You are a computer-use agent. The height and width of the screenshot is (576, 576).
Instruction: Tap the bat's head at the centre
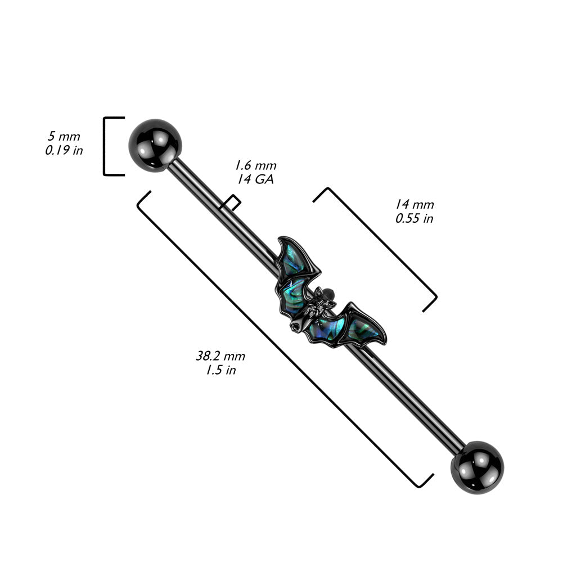[x=321, y=304]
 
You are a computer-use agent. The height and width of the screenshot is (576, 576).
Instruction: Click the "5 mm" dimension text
[x=64, y=137]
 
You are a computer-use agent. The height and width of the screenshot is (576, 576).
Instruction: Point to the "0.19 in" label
[x=64, y=151]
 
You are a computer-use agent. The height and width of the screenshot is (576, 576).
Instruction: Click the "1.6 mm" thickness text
[x=255, y=165]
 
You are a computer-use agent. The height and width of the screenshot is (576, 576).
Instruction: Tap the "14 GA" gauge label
[x=255, y=179]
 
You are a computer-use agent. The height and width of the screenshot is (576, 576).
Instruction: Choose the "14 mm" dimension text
[x=415, y=205]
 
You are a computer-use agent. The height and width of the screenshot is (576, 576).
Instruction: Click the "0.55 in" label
[x=415, y=219]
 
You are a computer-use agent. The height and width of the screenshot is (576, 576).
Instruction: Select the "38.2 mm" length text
[x=220, y=356]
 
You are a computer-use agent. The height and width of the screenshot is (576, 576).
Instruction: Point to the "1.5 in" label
[x=220, y=370]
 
